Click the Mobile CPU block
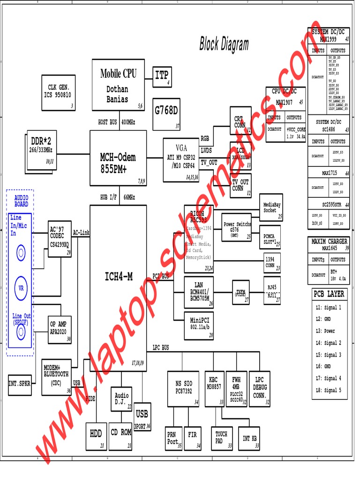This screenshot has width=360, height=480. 118,85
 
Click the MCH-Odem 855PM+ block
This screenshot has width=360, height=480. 118,158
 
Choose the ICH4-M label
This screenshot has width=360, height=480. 118,277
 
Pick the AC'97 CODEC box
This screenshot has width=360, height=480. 60,239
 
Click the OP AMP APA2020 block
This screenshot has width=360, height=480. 60,327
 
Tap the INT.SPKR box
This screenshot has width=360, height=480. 20,383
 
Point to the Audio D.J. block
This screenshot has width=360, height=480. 121,399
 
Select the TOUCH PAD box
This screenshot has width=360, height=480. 221,438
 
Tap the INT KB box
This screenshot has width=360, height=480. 249,439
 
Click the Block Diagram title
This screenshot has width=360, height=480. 224,45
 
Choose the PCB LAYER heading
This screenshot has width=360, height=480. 330,294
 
